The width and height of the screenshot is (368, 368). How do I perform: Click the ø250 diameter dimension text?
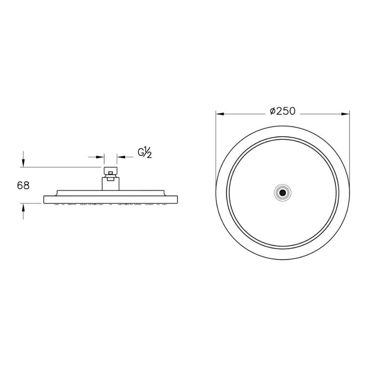coord(283,111)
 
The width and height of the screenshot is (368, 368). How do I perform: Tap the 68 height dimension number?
coord(23,186)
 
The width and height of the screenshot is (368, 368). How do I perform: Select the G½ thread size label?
coord(145,153)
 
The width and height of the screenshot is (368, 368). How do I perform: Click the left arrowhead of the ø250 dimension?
coord(220,114)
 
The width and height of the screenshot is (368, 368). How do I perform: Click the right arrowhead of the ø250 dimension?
coord(345,114)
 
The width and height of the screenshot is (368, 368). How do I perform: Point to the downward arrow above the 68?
coord(23,159)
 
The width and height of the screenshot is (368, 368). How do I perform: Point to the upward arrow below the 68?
coord(23,211)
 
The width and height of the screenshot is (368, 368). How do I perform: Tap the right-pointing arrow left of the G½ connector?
coord(96,157)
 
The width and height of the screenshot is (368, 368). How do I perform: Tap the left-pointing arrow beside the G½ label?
coord(125,157)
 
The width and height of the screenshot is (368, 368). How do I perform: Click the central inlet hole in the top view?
coord(283,193)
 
